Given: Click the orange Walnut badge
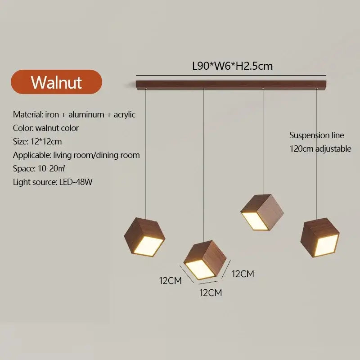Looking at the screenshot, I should (x=56, y=82).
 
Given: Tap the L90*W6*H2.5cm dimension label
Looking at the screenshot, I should (x=232, y=66).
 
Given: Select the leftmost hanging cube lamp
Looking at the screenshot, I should (x=144, y=237).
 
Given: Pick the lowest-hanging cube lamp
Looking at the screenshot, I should (x=205, y=261).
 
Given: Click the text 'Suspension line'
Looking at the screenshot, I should (x=316, y=135).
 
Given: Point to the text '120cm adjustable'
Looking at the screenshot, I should (x=320, y=148).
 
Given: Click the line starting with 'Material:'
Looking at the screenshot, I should (x=74, y=114).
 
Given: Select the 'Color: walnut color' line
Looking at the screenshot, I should (x=46, y=128).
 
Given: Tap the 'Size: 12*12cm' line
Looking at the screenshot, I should (x=37, y=141).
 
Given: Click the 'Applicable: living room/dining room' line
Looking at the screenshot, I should (x=76, y=155).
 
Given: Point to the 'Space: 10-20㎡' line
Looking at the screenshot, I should (x=40, y=168).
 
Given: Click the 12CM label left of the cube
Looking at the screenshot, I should (x=170, y=280).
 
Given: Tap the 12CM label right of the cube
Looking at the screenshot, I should (x=243, y=273).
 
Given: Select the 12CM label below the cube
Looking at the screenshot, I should (x=211, y=293).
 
